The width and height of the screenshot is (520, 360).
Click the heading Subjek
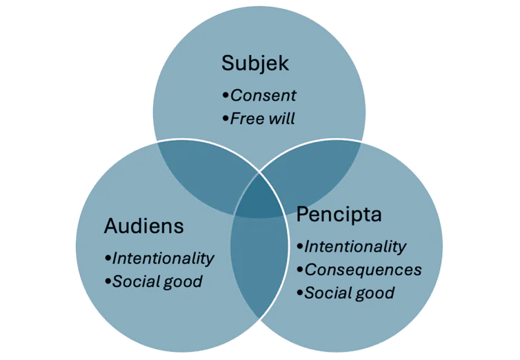pos(254,63)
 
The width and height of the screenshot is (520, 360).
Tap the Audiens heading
pos(143,226)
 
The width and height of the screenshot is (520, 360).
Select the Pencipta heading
pos(339,214)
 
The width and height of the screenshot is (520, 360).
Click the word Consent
pos(263,95)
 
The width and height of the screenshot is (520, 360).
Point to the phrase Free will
pos(262,119)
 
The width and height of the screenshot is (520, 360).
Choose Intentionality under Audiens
pos(163,258)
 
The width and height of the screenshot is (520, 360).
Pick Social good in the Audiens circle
pos(157,281)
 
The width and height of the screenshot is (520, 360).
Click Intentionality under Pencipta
pos(355,246)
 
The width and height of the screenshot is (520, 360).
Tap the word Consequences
pos(363,270)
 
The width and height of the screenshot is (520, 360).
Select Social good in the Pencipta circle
pos(350,293)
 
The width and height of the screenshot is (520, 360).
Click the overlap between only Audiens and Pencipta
pos(260,269)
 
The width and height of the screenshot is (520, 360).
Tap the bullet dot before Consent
pos(225,95)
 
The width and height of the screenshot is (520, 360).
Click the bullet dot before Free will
pos(225,119)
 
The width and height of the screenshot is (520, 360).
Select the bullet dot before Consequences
pos(299,270)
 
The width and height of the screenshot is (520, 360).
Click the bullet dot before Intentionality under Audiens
pos(108,258)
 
